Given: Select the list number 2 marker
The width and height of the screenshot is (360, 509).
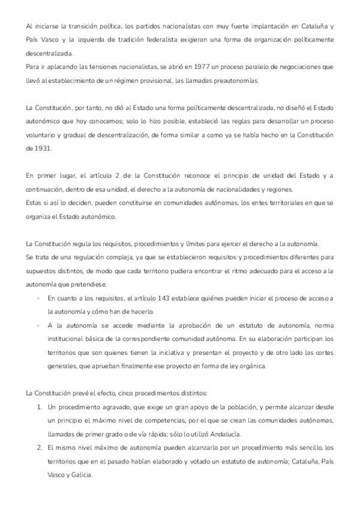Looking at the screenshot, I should [38, 448].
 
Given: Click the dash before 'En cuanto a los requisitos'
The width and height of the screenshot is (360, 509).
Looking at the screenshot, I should [38, 299].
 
